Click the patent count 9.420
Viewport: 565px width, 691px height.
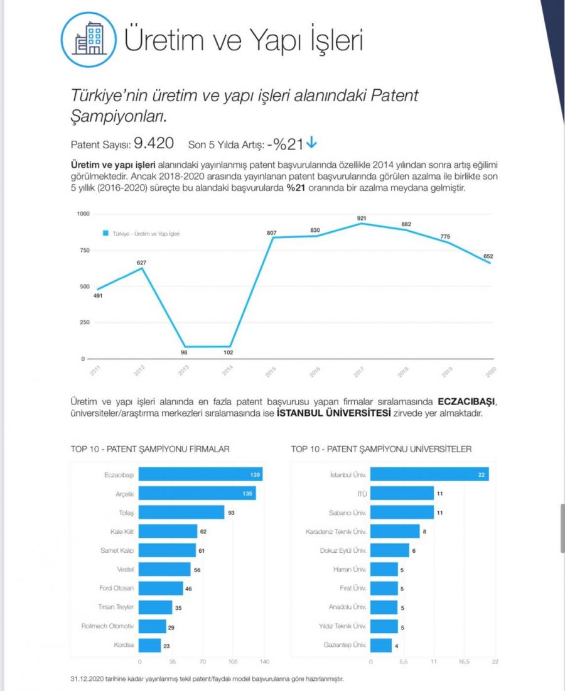(153, 143)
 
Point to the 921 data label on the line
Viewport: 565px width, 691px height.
(361, 218)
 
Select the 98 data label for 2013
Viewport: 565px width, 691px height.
(183, 352)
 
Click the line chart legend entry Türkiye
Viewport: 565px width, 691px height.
(141, 233)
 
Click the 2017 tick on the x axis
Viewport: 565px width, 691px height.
(359, 372)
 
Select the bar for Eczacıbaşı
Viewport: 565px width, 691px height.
(200, 475)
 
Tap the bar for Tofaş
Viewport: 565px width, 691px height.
(181, 513)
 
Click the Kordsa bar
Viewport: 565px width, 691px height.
(150, 645)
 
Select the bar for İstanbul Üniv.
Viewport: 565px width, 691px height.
(430, 475)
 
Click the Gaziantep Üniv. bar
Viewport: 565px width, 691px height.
(381, 645)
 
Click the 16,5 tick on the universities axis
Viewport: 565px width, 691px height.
(464, 662)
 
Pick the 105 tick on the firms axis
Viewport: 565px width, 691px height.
(232, 662)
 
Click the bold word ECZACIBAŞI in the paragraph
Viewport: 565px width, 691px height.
(471, 401)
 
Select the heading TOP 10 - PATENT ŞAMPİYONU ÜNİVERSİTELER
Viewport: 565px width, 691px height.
(381, 449)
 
